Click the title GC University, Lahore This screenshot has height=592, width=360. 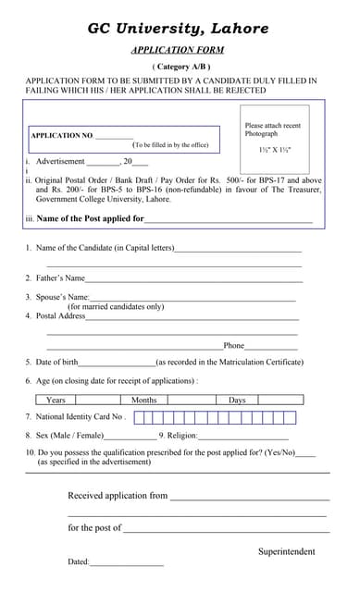[179, 29]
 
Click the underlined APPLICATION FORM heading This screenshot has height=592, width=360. [179, 50]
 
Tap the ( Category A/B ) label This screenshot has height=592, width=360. [180, 67]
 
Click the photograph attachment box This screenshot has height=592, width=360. [274, 139]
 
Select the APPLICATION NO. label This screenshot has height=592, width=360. [62, 136]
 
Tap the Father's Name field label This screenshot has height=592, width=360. [60, 277]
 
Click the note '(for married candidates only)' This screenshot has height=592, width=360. [116, 306]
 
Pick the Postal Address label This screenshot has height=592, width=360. [60, 316]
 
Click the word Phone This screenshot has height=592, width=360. [233, 345]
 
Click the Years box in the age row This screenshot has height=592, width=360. [66, 400]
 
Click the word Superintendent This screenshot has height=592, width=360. [286, 551]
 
